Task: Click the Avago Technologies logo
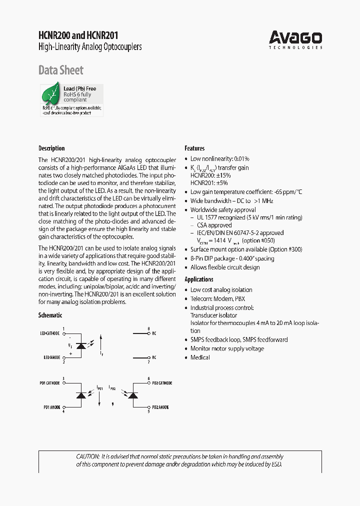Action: point(295,39)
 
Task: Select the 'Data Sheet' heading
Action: point(61,70)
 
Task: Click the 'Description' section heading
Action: point(51,148)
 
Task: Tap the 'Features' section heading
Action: point(194,148)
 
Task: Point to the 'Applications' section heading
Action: point(199,279)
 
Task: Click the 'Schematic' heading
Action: point(50,315)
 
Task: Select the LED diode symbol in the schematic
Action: point(80,345)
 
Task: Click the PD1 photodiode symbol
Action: point(80,395)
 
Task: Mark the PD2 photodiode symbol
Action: point(132,395)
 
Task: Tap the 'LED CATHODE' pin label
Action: point(50,333)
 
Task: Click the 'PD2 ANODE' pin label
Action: point(160,407)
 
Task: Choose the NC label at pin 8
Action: point(154,333)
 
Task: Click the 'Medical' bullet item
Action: point(200,357)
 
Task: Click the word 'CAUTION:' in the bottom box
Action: point(88,456)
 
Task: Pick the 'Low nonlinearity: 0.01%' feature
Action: point(219,158)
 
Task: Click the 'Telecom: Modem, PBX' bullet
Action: point(217,299)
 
